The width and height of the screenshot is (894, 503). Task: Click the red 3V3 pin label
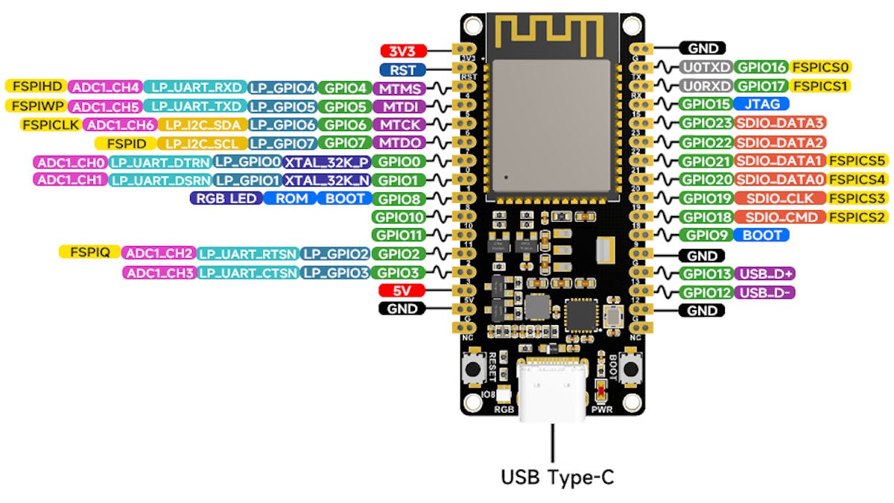[x=402, y=51]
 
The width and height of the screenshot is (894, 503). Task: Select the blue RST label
[x=402, y=70]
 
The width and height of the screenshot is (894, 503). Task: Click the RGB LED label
[x=226, y=198]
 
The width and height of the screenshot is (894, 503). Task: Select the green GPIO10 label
[x=399, y=217]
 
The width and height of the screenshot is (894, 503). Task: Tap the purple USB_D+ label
[x=764, y=274]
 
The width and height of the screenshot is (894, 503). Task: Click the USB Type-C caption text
[x=557, y=477]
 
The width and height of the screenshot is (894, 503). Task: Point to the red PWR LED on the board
[x=601, y=390]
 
